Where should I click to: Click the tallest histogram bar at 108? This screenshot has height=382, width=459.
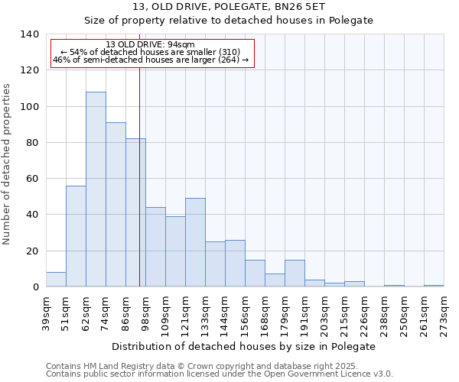click(x=96, y=189)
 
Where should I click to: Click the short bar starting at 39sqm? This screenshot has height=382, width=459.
click(x=56, y=280)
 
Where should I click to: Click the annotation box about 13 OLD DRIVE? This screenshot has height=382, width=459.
click(x=151, y=53)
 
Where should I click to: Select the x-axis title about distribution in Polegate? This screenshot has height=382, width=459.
click(x=243, y=346)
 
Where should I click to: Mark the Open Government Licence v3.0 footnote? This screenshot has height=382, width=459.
click(x=220, y=374)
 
